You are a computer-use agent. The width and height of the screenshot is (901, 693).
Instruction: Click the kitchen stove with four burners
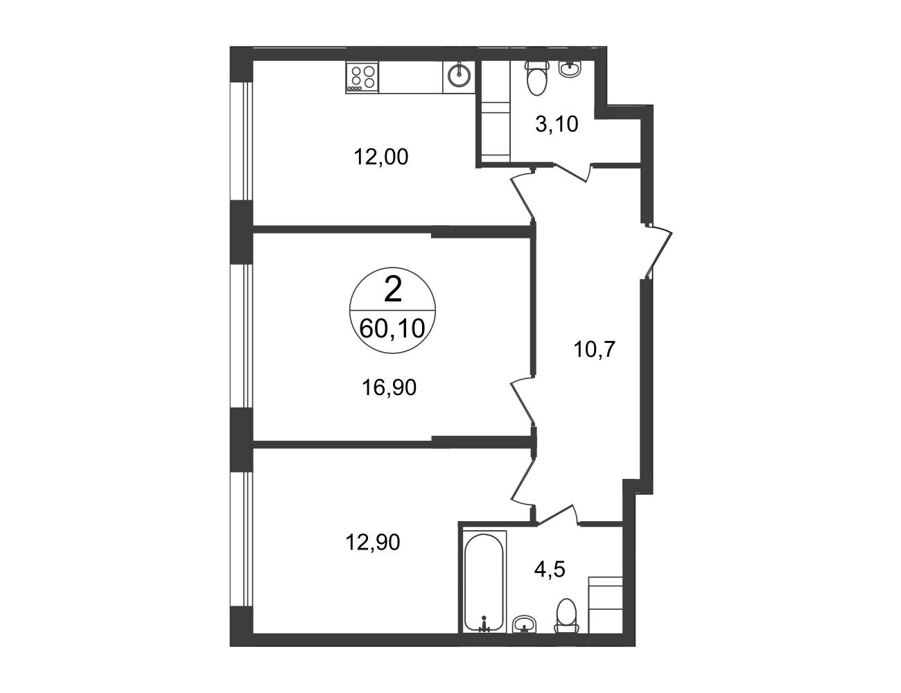click(x=362, y=77)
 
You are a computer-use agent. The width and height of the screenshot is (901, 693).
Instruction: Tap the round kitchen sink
click(x=459, y=77)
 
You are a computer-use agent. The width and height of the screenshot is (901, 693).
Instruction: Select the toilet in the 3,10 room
click(x=536, y=78)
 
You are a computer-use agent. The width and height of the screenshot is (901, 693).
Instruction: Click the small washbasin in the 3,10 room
click(x=570, y=69)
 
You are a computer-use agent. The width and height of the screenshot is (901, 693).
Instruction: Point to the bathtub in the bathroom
click(x=484, y=589)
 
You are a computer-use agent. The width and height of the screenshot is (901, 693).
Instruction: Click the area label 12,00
click(x=381, y=157)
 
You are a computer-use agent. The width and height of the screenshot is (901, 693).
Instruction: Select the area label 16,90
click(x=389, y=388)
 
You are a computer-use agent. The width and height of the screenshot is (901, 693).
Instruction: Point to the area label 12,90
click(x=373, y=542)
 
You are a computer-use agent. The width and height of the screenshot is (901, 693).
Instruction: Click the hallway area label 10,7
click(x=594, y=349)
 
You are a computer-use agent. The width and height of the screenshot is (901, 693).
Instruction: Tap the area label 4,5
click(x=550, y=570)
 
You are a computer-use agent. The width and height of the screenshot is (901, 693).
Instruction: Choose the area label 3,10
click(x=557, y=124)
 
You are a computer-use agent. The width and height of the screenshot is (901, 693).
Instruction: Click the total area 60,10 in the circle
click(x=392, y=328)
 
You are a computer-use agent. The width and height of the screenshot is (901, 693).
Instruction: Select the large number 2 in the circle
click(x=393, y=290)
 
